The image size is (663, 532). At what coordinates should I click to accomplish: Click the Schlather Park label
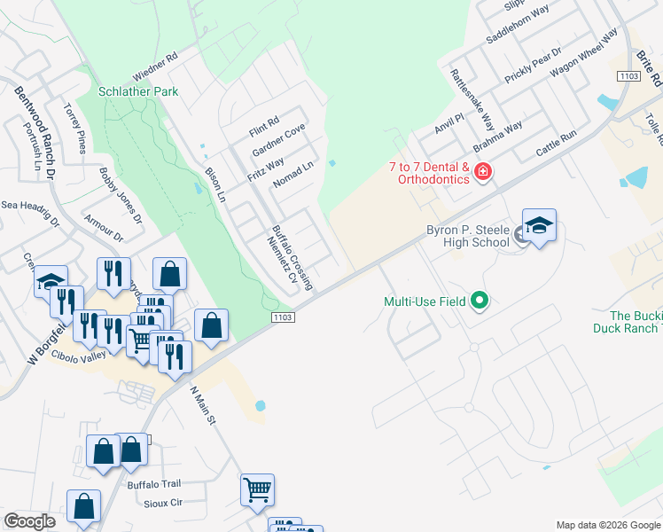138,91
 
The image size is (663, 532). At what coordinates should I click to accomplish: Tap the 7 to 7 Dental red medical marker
483,170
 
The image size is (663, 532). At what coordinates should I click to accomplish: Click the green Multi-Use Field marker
480,301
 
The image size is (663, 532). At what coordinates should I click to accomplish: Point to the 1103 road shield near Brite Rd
630,77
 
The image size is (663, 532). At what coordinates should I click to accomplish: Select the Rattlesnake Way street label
473,99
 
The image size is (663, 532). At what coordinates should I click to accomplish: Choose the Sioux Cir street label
162,502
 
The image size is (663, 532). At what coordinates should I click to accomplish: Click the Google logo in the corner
29,521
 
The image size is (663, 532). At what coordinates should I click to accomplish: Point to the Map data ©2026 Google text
607,525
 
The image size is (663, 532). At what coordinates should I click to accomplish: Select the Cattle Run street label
557,144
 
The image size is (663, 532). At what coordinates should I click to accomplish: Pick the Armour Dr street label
105,227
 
